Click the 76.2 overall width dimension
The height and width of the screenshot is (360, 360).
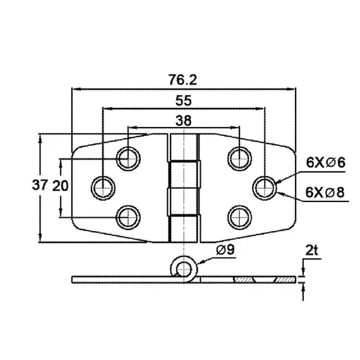click(183, 80)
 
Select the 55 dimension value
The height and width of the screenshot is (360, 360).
click(183, 100)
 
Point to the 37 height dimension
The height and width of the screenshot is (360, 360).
click(40, 186)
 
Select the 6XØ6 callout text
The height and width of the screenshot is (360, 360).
click(325, 162)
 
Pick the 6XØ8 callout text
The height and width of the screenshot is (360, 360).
click(325, 191)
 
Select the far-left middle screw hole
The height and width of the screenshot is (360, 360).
click(102, 186)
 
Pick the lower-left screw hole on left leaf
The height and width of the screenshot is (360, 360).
click(128, 217)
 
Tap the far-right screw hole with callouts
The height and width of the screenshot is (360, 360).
click(265, 186)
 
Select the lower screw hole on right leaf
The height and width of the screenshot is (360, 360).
click(237, 217)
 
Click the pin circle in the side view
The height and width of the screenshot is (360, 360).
click(184, 269)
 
